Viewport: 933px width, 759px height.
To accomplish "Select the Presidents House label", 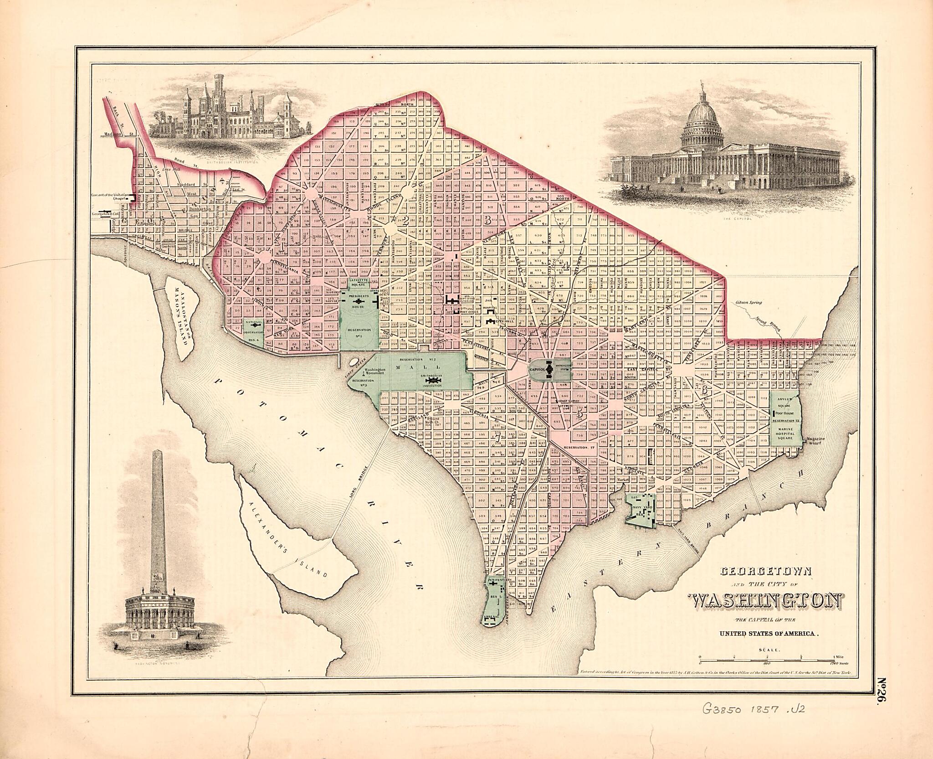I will [x=358, y=299].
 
